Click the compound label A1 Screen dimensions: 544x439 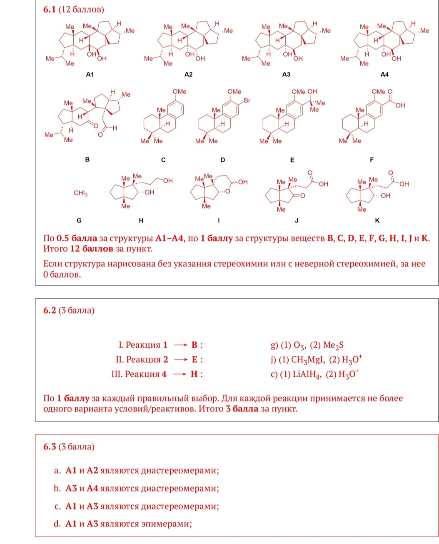click(90, 75)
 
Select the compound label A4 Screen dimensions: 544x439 click(384, 75)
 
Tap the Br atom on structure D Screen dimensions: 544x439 click(247, 100)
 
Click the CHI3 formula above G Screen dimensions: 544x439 click(81, 193)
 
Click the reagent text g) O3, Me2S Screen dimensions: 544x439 click(307, 345)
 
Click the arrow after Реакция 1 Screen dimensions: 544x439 click(180, 345)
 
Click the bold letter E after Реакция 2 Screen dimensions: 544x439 click(195, 359)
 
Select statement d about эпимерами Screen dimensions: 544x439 click(123, 524)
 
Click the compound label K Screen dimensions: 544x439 click(377, 221)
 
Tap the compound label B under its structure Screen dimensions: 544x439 click(87, 159)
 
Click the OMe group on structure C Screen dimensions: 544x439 click(180, 92)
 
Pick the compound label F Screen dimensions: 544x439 click(372, 160)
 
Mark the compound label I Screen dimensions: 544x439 click(219, 221)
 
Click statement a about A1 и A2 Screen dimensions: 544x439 click(137, 471)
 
